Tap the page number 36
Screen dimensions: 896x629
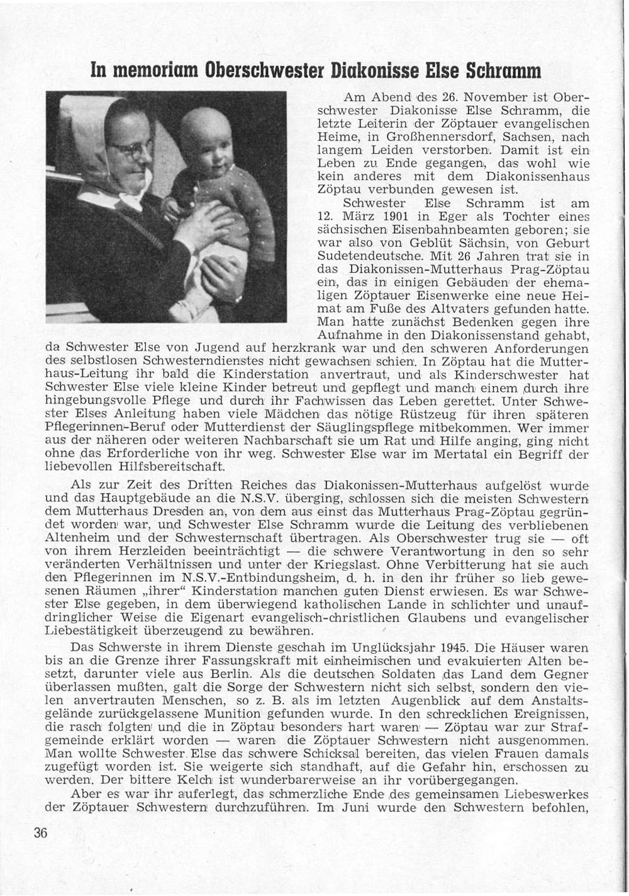41,833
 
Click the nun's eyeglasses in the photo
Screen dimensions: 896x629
131,149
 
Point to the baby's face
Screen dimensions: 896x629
206,142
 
